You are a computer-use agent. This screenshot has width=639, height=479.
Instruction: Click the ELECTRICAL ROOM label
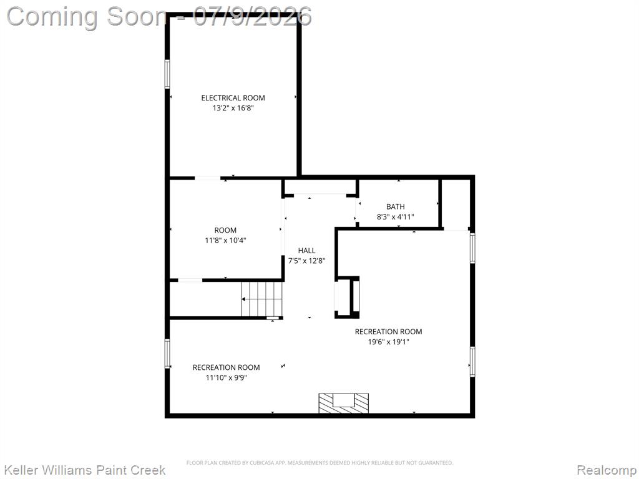click(x=233, y=98)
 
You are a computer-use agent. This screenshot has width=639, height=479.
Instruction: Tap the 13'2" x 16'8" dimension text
click(x=233, y=108)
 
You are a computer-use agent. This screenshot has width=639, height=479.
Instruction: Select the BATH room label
click(x=395, y=206)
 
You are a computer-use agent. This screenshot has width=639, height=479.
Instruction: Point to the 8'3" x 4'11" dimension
click(x=395, y=217)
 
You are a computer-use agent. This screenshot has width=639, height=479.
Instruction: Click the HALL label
click(x=306, y=251)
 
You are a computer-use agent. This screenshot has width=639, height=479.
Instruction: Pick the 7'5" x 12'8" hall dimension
click(x=306, y=261)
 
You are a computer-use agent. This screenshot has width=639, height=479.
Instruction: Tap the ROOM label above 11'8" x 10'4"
click(x=225, y=230)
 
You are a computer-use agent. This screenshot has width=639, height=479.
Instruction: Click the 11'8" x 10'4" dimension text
click(x=225, y=240)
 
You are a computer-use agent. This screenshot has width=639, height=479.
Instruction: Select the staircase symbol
click(x=261, y=299)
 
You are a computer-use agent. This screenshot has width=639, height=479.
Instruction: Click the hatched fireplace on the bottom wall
click(x=344, y=404)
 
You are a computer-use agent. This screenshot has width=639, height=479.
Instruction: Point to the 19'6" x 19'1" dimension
click(x=388, y=342)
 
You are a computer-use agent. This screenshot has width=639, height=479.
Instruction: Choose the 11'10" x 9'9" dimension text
click(x=226, y=377)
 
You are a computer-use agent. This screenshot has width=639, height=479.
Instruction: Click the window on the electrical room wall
click(x=167, y=74)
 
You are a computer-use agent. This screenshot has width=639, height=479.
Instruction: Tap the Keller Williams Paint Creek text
click(x=84, y=470)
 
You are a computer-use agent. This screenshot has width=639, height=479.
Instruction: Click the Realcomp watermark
click(x=607, y=470)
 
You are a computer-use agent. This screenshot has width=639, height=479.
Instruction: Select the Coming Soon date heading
click(x=159, y=17)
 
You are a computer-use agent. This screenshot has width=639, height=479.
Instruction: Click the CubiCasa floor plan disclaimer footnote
click(x=319, y=463)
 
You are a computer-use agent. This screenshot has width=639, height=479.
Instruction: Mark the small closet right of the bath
click(x=456, y=204)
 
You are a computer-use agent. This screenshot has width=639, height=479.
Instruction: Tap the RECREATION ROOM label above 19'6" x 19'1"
click(x=388, y=332)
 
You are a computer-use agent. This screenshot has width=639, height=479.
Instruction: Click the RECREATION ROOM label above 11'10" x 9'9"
click(x=226, y=367)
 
